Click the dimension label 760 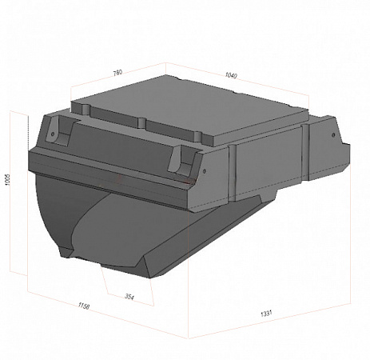117,73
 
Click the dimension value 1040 231,75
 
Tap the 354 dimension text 129,297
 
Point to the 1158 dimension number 84,306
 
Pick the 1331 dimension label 266,313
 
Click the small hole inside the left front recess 53,134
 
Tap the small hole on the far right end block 333,135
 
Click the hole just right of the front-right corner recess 205,171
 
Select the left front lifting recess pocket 59,130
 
